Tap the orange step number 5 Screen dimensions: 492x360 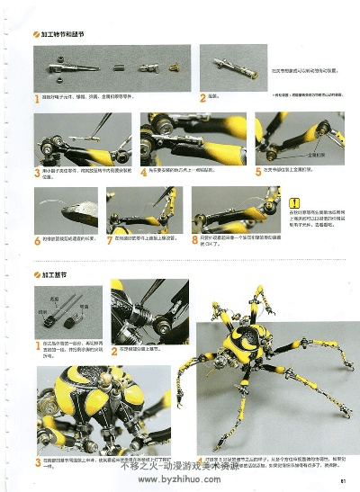tap(257, 169)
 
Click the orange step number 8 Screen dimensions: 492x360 tap(195, 239)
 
